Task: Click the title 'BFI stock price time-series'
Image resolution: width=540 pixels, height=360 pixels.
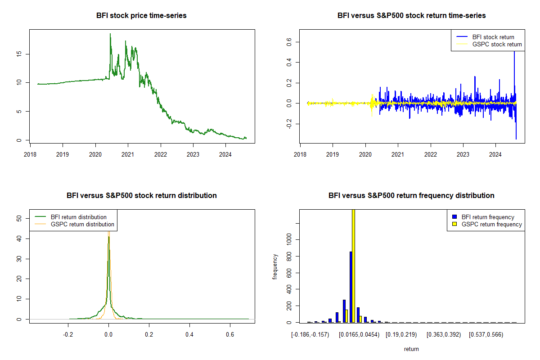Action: tap(141, 16)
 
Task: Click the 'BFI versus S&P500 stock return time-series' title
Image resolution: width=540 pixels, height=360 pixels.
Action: tap(411, 16)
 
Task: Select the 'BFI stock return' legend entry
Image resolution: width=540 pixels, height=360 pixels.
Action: tap(493, 37)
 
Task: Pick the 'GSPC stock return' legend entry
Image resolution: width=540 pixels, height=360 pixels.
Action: tap(497, 44)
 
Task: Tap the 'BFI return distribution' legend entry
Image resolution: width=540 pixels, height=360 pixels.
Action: tap(79, 217)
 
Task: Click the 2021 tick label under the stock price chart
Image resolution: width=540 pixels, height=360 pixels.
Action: tap(128, 153)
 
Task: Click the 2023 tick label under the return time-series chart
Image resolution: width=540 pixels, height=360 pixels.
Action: tap(463, 153)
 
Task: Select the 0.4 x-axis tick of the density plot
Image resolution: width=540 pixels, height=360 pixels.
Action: tap(189, 335)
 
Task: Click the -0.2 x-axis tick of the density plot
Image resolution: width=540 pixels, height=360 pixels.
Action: tap(68, 335)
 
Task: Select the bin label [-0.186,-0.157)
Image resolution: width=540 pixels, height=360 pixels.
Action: tap(310, 335)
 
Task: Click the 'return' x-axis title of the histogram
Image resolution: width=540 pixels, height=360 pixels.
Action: tap(411, 349)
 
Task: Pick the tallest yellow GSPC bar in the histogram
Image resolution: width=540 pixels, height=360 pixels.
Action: tap(353, 265)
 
